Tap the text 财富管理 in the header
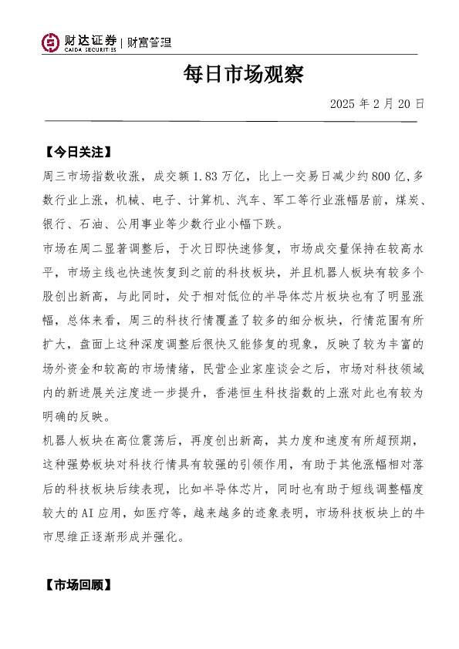[149, 42]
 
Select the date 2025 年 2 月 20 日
[376, 103]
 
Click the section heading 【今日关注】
[77, 150]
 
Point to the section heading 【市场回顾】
[77, 585]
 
